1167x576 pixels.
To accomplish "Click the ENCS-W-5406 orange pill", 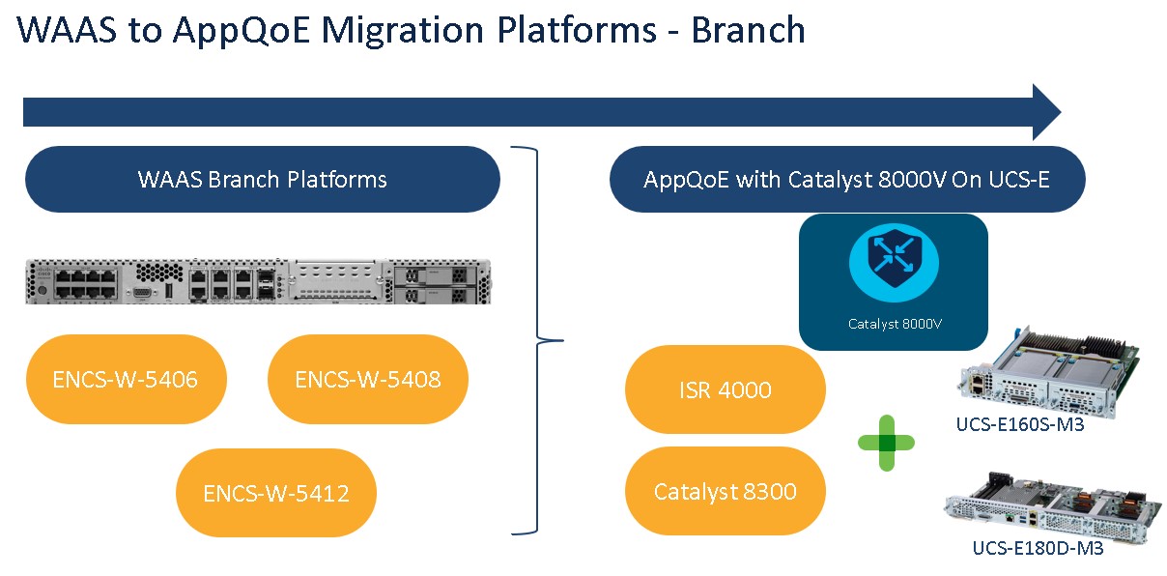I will point(126,379).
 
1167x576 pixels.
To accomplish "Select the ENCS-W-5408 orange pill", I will point(367,379).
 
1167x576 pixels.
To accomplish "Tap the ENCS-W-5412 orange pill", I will point(275,493).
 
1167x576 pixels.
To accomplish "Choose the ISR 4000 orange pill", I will point(726,389).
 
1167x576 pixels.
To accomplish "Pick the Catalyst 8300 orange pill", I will point(726,491).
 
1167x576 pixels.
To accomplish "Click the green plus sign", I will point(886,443).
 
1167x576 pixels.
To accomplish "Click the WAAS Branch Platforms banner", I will point(262,180).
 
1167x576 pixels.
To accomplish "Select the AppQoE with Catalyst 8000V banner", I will point(847,180).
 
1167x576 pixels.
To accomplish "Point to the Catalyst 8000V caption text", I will point(894,324).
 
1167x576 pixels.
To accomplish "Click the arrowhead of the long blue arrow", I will point(1045,112).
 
